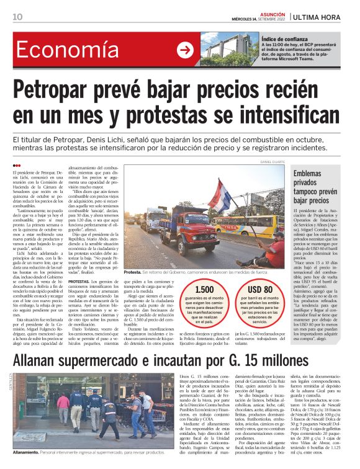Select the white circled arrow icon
click(185, 50)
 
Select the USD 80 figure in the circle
click(259, 289)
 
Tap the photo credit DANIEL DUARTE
click(272, 162)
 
